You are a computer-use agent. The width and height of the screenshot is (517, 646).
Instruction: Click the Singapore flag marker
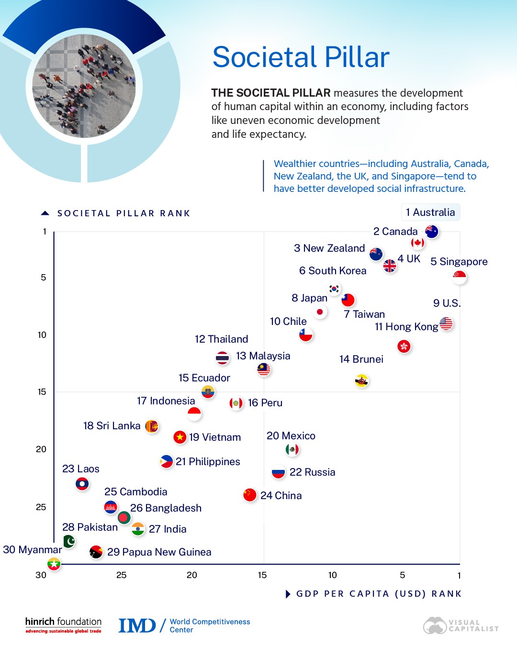pyautogui.click(x=460, y=277)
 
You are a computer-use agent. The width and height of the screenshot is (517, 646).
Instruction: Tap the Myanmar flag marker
pyautogui.click(x=54, y=564)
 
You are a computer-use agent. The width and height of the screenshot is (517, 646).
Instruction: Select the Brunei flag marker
pyautogui.click(x=362, y=381)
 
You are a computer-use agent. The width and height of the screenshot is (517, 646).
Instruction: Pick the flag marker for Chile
pyautogui.click(x=306, y=334)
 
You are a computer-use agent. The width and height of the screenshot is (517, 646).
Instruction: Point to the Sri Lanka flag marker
pyautogui.click(x=152, y=426)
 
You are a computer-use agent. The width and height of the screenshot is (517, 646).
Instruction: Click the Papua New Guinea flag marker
pyautogui.click(x=96, y=552)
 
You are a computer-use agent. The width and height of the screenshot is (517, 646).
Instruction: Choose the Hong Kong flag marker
pyautogui.click(x=404, y=346)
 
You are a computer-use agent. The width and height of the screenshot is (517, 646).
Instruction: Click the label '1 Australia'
pyautogui.click(x=430, y=212)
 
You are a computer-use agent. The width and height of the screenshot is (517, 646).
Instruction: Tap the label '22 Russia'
pyautogui.click(x=312, y=472)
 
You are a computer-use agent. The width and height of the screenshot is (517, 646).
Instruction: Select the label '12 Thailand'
pyautogui.click(x=221, y=339)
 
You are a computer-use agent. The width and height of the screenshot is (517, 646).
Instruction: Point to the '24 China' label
pyautogui.click(x=281, y=496)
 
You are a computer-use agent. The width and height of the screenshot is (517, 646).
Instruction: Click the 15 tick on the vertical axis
pyautogui.click(x=42, y=392)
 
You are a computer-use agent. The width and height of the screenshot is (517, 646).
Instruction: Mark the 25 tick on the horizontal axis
pyautogui.click(x=122, y=575)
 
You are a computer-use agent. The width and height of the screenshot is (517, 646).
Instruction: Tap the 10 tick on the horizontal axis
pyautogui.click(x=332, y=575)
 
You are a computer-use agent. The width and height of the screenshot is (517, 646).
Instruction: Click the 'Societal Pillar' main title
pyautogui.click(x=301, y=57)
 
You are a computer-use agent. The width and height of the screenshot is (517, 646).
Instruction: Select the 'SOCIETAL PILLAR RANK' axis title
pyautogui.click(x=124, y=213)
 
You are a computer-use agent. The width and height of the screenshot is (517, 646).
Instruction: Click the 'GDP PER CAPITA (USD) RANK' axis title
pyautogui.click(x=379, y=594)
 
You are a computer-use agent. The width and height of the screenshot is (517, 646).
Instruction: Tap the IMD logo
pyautogui.click(x=137, y=625)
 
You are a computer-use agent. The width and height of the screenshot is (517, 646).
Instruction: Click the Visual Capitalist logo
pyautogui.click(x=461, y=625)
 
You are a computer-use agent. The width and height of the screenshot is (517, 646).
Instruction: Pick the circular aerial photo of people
pyautogui.click(x=84, y=86)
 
